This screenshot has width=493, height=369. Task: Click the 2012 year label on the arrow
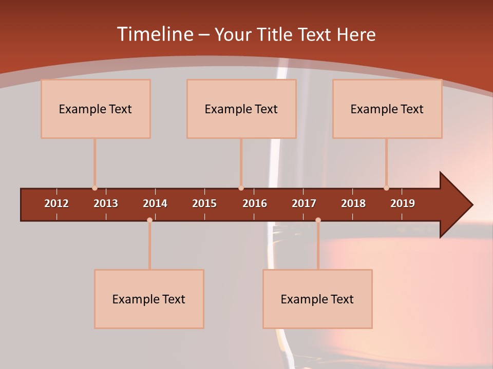(x=56, y=203)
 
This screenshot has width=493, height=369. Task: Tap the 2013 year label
(x=106, y=203)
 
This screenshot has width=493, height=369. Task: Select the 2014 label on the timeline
(x=155, y=203)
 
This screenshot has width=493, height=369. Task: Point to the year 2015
(x=204, y=203)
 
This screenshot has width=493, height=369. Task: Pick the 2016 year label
(x=255, y=203)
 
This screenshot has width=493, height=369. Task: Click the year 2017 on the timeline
(x=304, y=203)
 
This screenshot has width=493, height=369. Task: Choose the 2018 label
(x=353, y=203)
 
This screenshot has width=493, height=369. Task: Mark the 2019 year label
(x=403, y=203)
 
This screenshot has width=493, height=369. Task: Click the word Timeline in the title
(x=155, y=34)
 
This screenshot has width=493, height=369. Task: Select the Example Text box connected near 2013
(x=96, y=109)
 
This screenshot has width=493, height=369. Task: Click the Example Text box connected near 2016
(x=241, y=109)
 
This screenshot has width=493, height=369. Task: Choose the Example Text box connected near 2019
(x=387, y=109)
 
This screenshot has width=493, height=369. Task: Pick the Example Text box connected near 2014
(x=149, y=299)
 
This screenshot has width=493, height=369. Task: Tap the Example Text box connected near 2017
(x=317, y=299)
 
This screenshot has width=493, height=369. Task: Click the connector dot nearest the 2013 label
(x=94, y=188)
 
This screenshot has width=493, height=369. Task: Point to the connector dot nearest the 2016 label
(x=241, y=188)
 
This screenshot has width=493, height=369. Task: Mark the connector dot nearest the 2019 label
(x=386, y=188)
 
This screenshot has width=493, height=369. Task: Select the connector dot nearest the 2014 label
(x=149, y=220)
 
